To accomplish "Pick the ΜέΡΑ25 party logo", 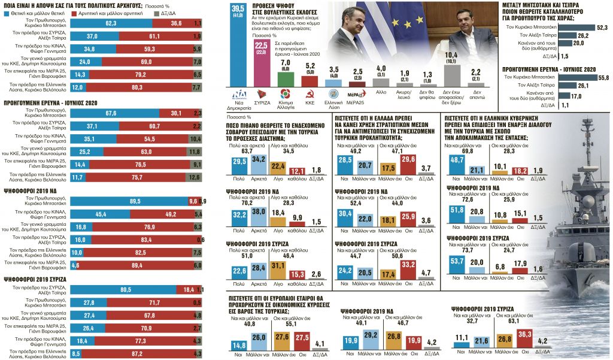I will point(359,94).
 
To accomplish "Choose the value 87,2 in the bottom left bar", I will point(136,355).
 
